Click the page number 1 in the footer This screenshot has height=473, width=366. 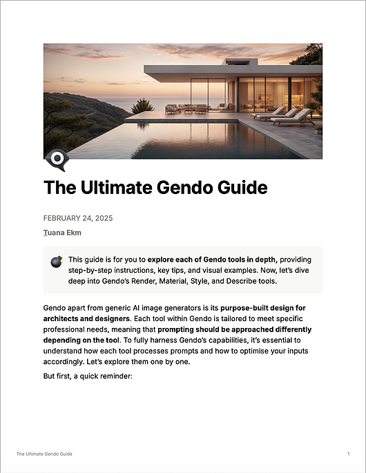pyautogui.click(x=348, y=454)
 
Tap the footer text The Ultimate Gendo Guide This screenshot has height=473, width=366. pyautogui.click(x=44, y=454)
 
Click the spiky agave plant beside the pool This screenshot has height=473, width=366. pyautogui.click(x=142, y=106)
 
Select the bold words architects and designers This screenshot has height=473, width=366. pyautogui.click(x=86, y=320)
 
